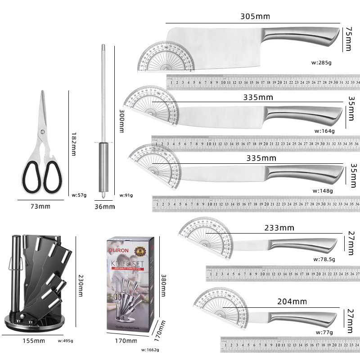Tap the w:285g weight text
point(321,63)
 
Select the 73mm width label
point(40,206)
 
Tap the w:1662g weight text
point(150,349)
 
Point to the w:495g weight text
point(65,341)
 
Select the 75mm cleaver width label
point(348,39)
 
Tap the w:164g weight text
point(324,131)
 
